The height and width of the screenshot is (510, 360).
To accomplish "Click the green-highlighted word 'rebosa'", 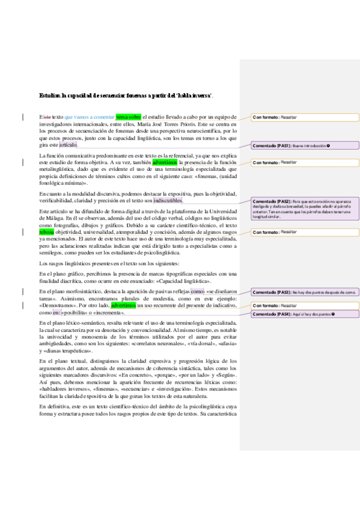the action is coord(46,232).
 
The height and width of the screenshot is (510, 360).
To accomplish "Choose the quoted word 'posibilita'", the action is coord(78,313).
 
